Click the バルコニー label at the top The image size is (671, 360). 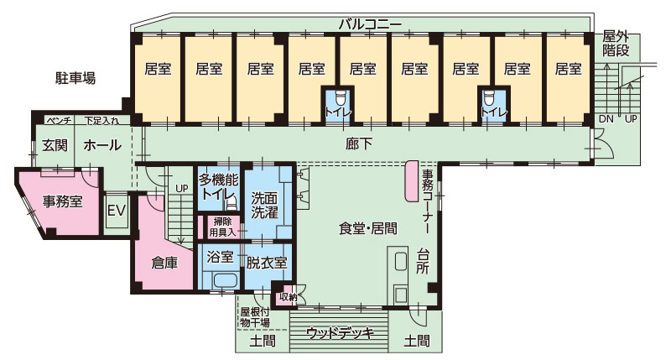coord(370,23)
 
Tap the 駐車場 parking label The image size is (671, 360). coord(70,78)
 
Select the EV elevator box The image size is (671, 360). coord(116,210)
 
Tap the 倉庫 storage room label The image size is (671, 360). coord(164,262)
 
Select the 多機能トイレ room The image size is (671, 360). coord(219,186)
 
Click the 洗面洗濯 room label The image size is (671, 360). coord(267,206)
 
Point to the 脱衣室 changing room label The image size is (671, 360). coord(267,262)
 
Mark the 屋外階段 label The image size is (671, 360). coord(616,44)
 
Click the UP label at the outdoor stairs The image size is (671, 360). coord(631,119)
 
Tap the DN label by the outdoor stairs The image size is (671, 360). coord(606,119)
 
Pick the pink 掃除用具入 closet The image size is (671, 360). coord(221,227)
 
